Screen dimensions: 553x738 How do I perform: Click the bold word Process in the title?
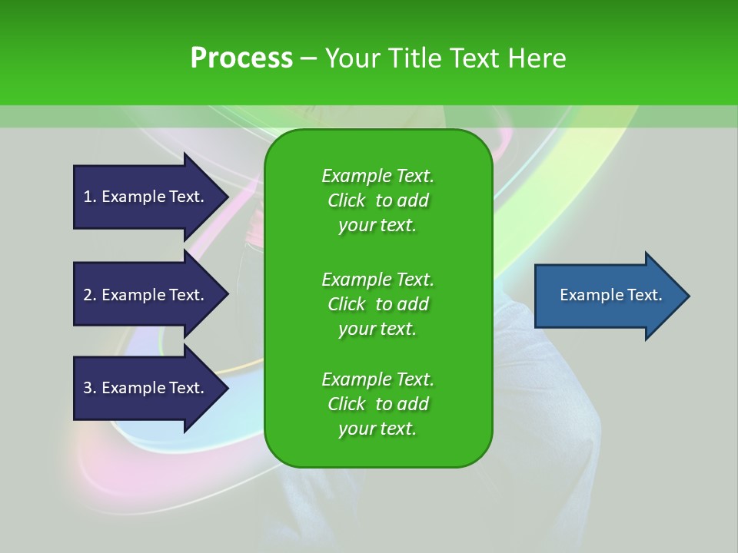241,58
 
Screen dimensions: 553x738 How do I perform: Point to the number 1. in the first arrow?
90,197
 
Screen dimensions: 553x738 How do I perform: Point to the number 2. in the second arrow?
90,295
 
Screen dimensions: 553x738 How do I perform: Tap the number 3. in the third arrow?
90,388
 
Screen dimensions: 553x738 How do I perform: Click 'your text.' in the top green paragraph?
377,226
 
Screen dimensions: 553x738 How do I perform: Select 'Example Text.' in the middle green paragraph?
377,279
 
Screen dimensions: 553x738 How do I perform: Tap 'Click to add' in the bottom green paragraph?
377,404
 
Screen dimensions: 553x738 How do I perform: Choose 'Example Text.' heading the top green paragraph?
377,176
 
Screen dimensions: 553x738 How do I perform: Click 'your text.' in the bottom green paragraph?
377,429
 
